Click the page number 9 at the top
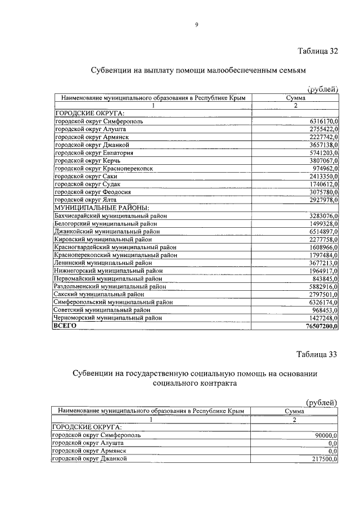(196, 24)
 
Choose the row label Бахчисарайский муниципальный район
(110, 215)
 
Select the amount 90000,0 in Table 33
(323, 435)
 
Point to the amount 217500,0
(322, 459)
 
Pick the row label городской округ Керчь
(84, 160)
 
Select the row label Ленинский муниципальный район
(102, 263)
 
